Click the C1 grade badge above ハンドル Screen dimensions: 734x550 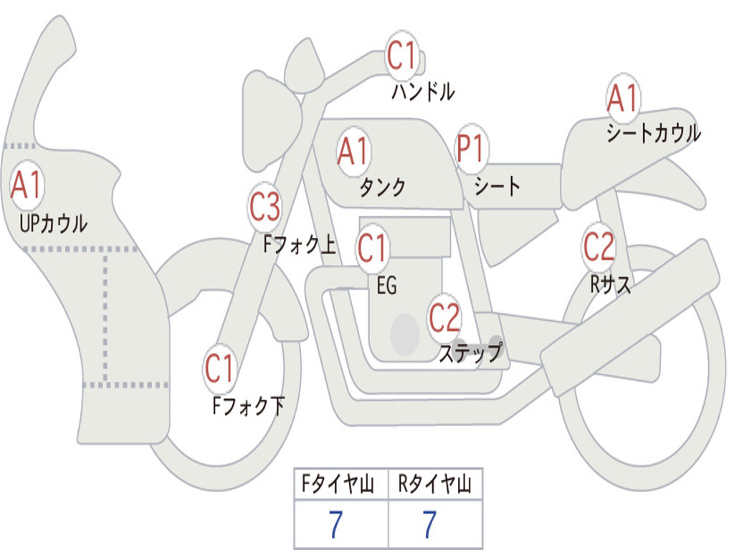(x=402, y=56)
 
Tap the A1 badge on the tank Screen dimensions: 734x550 (x=353, y=151)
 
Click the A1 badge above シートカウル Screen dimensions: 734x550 (x=623, y=99)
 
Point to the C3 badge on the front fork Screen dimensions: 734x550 (x=264, y=208)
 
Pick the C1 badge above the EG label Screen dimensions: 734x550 (x=373, y=249)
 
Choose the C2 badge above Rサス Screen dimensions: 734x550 (x=599, y=247)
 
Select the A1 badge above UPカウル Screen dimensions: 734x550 (x=27, y=185)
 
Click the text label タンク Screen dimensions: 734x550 (x=382, y=188)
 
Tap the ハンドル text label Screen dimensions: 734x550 (x=423, y=92)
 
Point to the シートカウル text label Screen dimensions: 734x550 (x=653, y=134)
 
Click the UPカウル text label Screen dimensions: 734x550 (x=54, y=223)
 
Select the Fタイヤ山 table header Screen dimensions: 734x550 (x=340, y=486)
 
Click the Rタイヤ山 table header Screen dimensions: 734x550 (x=435, y=486)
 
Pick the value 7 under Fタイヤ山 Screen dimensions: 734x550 (x=335, y=525)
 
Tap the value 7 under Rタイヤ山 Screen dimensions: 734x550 (x=429, y=525)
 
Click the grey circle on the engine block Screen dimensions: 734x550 (x=405, y=334)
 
